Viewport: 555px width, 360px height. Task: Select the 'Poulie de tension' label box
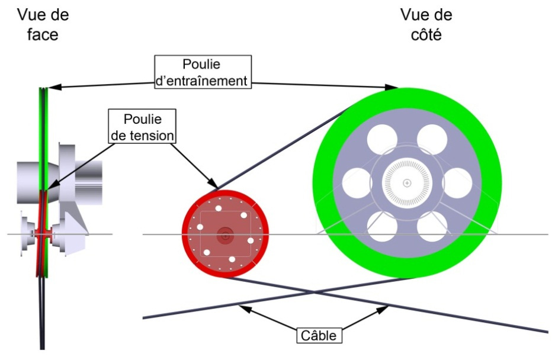(142, 126)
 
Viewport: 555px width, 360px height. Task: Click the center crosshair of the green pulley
(407, 183)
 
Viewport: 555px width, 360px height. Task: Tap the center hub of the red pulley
(224, 235)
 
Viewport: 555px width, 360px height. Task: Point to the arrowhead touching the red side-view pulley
(216, 188)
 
